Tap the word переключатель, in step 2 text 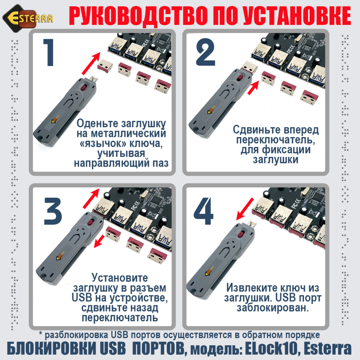pyautogui.click(x=275, y=139)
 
